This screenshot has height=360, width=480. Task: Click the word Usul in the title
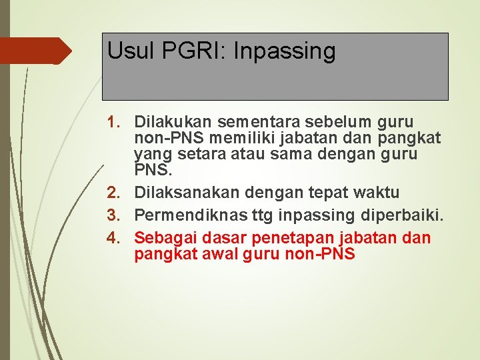pos(126,51)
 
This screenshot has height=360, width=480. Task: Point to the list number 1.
pos(115,123)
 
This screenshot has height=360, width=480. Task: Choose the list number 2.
pos(115,193)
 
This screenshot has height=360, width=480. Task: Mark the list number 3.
pos(115,216)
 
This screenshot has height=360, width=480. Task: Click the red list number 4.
pos(115,238)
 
